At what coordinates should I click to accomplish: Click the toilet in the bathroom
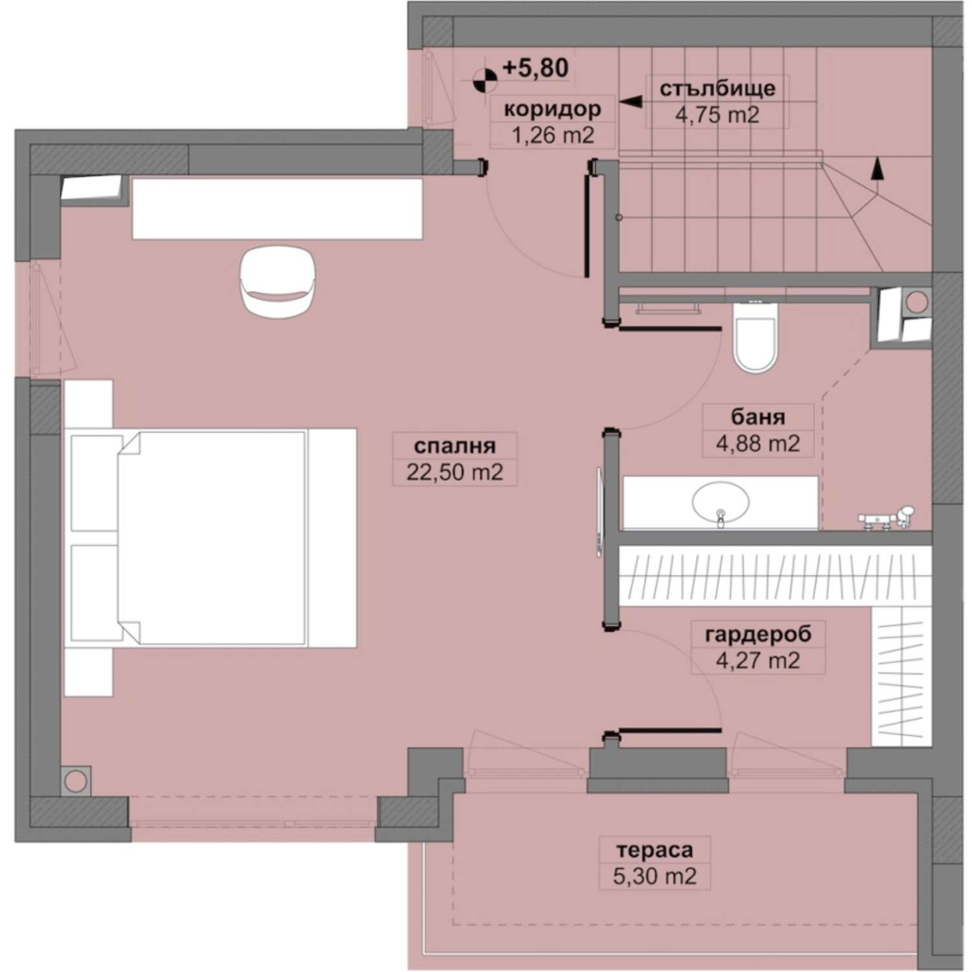click(x=755, y=337)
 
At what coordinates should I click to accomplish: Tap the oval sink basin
click(x=721, y=502)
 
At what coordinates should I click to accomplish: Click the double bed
click(x=211, y=538)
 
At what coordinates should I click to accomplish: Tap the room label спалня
click(x=454, y=446)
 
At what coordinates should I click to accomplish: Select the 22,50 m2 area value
click(x=454, y=472)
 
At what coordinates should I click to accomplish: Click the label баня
click(x=758, y=417)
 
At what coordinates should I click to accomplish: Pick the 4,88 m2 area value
click(x=758, y=444)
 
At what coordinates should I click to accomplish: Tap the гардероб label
click(x=758, y=634)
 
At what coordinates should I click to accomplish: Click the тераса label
click(x=654, y=849)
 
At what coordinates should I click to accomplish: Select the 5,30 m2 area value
click(x=654, y=876)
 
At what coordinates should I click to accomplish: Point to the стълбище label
click(x=717, y=88)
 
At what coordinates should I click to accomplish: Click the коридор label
click(x=552, y=109)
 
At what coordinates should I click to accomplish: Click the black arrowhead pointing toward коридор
click(x=630, y=102)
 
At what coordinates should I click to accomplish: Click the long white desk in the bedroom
click(x=277, y=209)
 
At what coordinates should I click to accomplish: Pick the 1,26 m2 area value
click(x=552, y=135)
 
